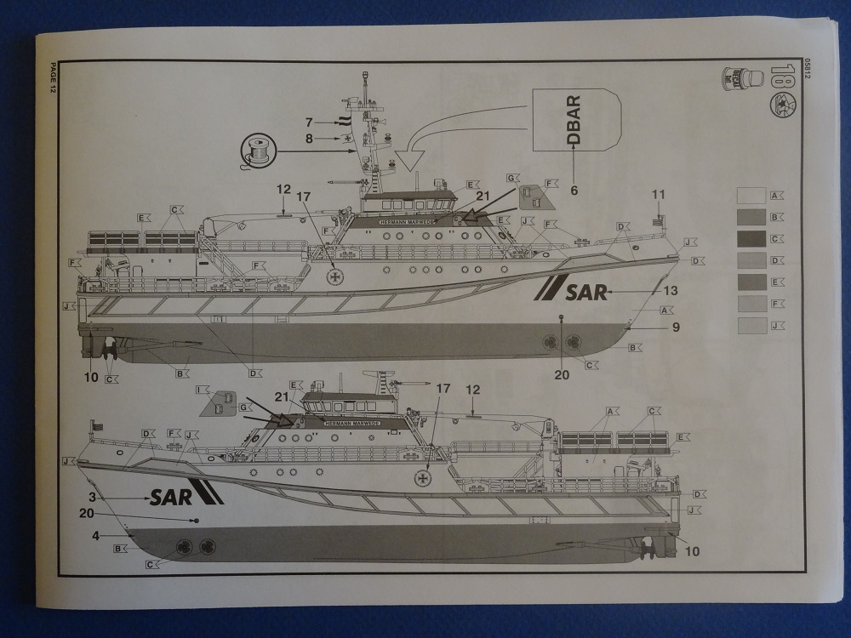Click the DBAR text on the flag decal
(574, 122)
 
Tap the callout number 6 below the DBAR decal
(574, 191)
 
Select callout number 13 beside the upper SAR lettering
(671, 291)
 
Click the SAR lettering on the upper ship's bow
(585, 292)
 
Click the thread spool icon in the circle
(257, 151)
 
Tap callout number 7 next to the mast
(309, 122)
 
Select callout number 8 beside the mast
(309, 138)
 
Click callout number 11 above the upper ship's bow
(657, 194)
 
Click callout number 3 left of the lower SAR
(92, 497)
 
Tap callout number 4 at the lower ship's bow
(95, 535)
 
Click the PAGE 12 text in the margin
(52, 80)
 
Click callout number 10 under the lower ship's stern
(692, 551)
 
